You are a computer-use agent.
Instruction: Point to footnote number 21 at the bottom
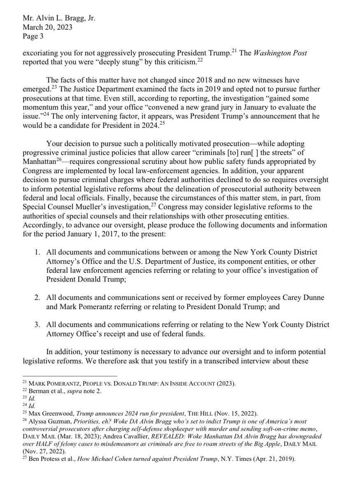(25, 383)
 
